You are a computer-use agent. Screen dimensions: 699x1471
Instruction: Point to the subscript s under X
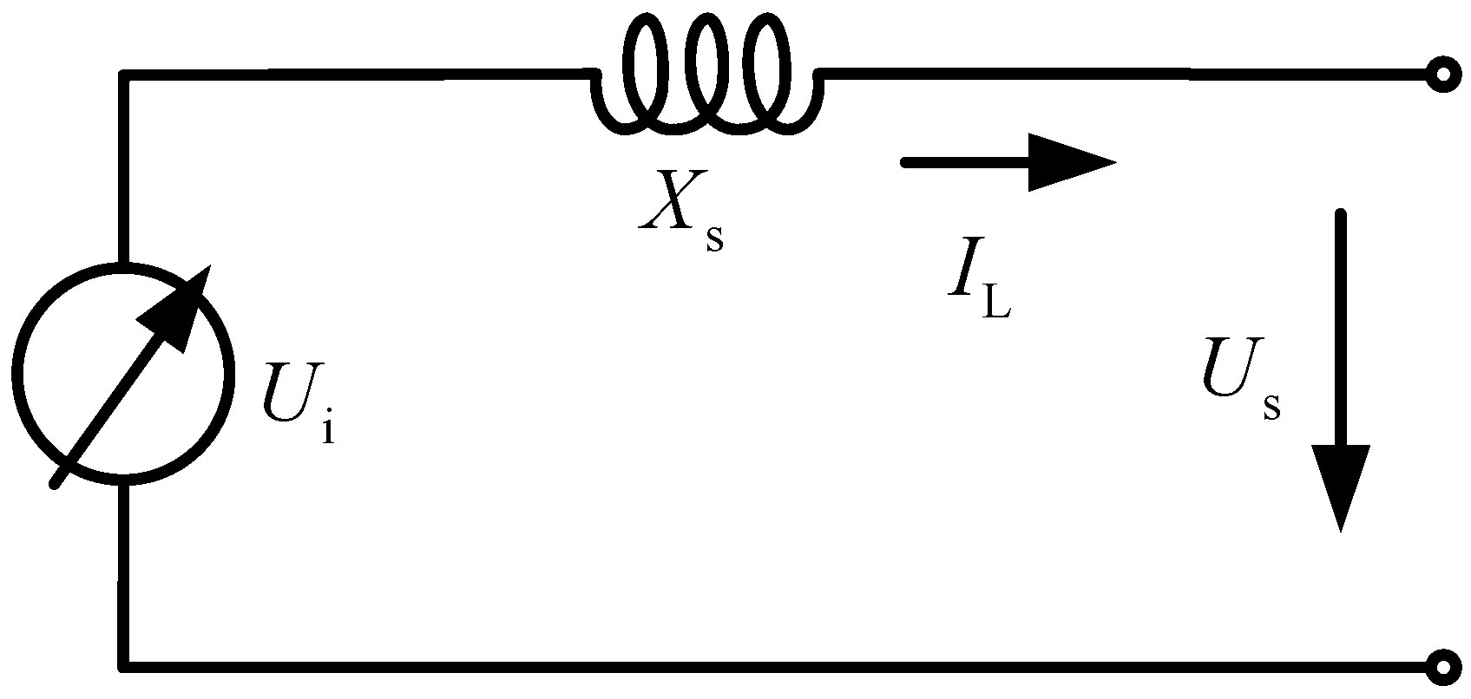(714, 238)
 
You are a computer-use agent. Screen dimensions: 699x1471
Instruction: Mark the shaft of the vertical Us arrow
(1341, 330)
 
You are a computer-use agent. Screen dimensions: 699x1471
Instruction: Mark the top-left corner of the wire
(126, 76)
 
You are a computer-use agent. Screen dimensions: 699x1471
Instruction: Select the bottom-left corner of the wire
(126, 666)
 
